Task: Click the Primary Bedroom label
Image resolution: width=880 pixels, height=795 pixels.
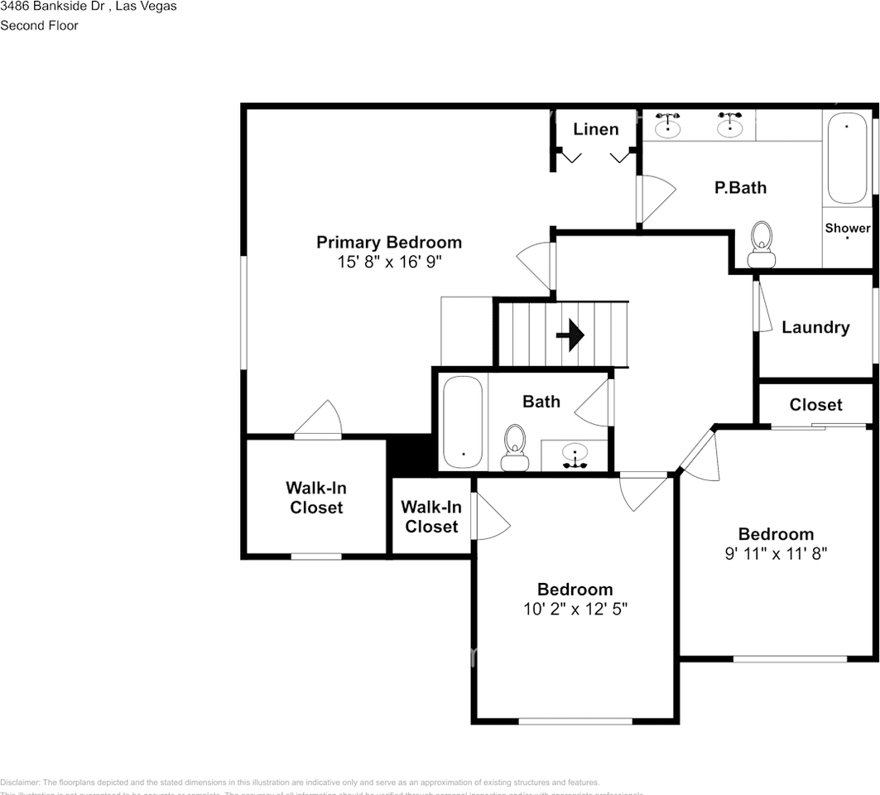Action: [x=389, y=243]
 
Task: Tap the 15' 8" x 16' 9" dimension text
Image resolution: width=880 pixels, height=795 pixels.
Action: [x=389, y=263]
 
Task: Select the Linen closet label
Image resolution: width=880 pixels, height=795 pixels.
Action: [x=596, y=129]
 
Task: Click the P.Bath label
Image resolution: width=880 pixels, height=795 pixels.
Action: [x=740, y=188]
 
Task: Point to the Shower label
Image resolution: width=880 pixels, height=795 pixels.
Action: [x=847, y=228]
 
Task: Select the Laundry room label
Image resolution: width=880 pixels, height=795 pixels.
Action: [x=815, y=328]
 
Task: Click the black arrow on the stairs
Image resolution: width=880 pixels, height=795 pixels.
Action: [x=570, y=335]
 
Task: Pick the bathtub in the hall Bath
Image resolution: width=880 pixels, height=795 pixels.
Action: [x=462, y=422]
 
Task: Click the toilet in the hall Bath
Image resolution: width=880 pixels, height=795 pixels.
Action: [x=515, y=447]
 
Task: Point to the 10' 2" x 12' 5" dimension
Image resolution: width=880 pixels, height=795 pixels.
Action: [x=575, y=609]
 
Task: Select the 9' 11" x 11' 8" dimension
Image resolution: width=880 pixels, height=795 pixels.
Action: [x=776, y=554]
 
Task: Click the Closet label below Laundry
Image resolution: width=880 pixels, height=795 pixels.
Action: [x=815, y=405]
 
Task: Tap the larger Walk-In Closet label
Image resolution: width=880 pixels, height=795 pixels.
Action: [x=316, y=498]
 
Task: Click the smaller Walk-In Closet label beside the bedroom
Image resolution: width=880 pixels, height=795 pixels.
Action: [x=431, y=517]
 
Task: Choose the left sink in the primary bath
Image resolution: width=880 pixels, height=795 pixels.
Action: [x=668, y=127]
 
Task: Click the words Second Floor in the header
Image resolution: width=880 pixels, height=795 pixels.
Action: [x=39, y=26]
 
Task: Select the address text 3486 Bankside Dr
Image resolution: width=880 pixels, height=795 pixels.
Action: [x=50, y=7]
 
